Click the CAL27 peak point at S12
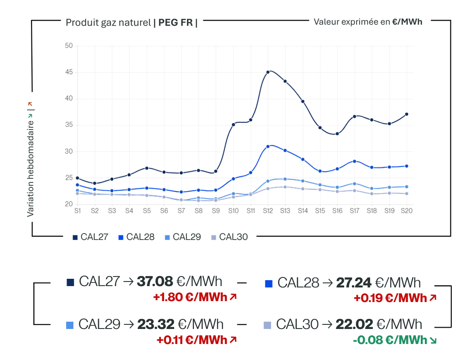(268, 72)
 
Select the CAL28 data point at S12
(268, 146)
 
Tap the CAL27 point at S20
(407, 115)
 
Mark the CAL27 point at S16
(337, 134)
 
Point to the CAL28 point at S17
(355, 162)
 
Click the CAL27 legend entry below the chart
(90, 237)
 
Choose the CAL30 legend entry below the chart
(229, 237)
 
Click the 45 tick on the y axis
(69, 72)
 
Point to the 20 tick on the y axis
(69, 204)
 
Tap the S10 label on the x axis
(233, 211)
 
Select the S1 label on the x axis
(77, 211)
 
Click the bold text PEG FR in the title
(176, 23)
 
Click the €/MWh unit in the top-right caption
(407, 22)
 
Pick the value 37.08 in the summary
(155, 282)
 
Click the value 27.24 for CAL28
(354, 283)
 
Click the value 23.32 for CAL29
(156, 324)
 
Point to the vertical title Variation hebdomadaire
(30, 169)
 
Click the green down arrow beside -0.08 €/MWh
(433, 341)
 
